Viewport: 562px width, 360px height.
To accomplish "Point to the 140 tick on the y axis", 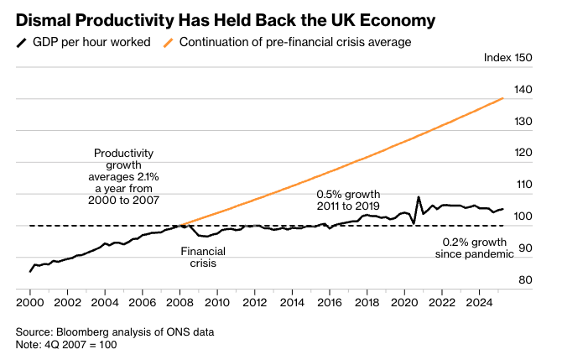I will [x=523, y=90].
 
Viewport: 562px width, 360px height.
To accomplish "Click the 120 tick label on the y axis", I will [x=523, y=153].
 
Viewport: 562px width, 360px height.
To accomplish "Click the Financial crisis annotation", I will [x=198, y=257].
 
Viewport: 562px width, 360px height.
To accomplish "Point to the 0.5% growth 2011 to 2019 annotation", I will [x=348, y=199].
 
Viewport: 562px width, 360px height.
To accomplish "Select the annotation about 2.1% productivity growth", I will [x=123, y=178].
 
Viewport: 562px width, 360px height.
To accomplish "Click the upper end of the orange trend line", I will [x=502, y=98].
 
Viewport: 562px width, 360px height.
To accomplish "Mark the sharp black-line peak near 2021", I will [x=419, y=198].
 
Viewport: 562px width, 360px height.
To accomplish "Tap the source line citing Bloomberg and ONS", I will [x=115, y=332].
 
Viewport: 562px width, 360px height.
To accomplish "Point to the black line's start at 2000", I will [x=30, y=271].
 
